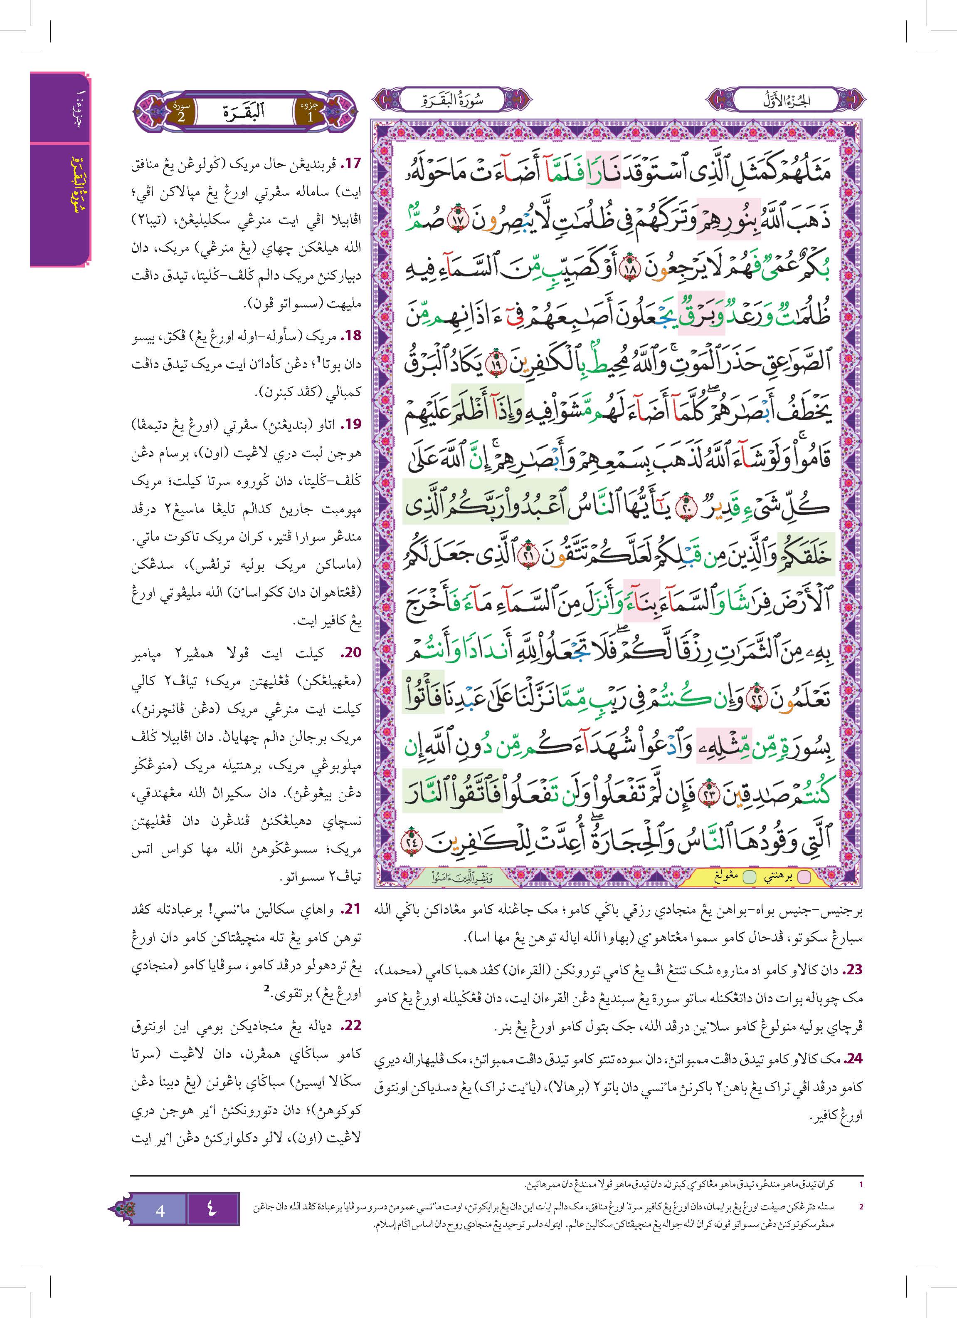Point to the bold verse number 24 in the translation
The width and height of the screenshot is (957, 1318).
point(853,1058)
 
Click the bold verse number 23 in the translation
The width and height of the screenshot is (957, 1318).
point(853,969)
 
